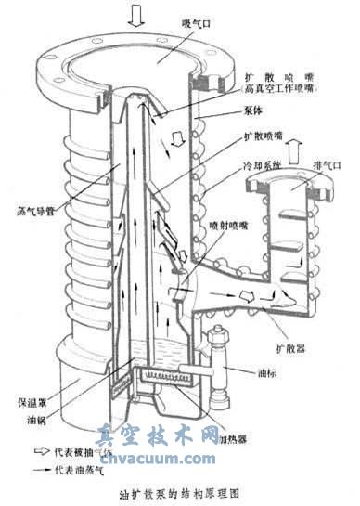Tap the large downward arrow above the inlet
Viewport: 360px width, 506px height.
pos(135,15)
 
